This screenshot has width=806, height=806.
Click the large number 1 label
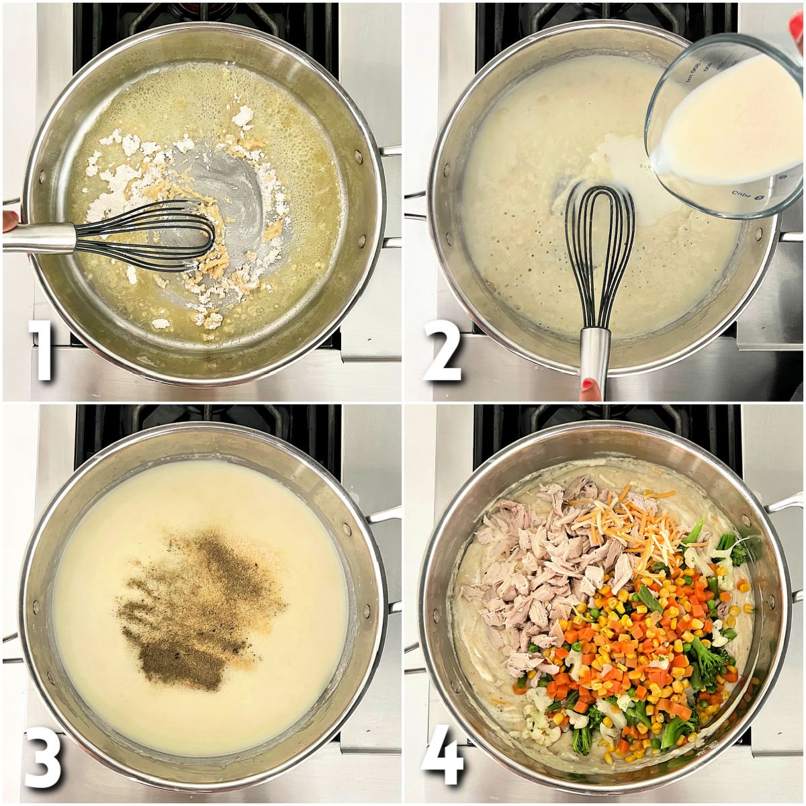42,350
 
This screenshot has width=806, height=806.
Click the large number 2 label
443,350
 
